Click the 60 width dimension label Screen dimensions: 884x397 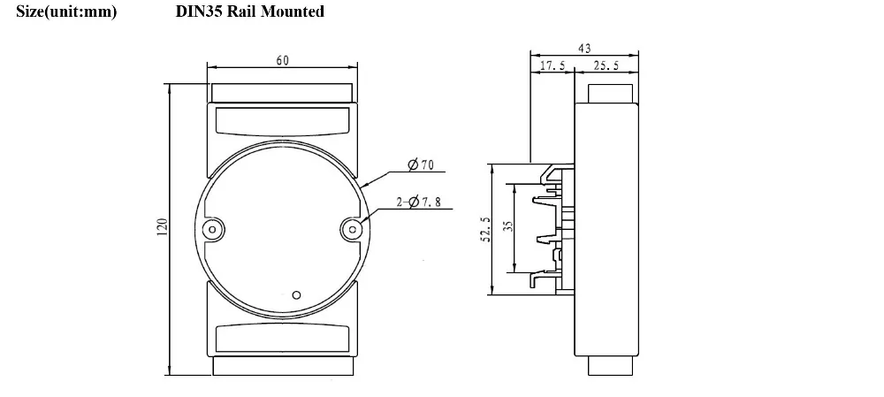(283, 60)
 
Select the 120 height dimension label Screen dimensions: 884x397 (162, 227)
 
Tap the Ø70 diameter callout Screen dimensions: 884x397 (421, 164)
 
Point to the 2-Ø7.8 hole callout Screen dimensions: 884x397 (418, 202)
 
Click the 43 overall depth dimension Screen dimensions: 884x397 (584, 49)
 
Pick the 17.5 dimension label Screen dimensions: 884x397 (552, 65)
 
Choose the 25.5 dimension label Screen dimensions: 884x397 (606, 65)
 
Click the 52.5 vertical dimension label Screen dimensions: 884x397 (485, 230)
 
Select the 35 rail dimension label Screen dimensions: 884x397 (508, 226)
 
